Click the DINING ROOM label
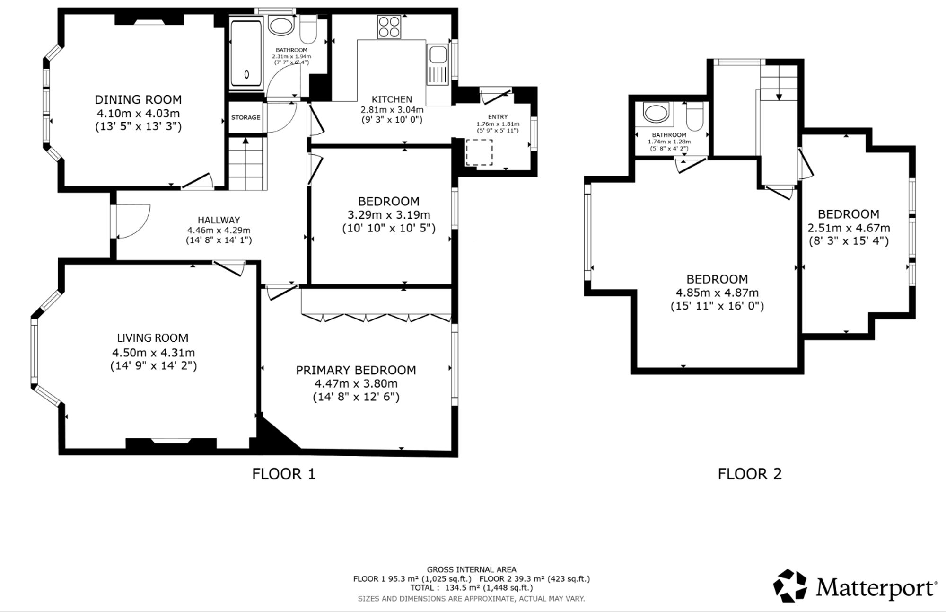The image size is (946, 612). click(x=138, y=99)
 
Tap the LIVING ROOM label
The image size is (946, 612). click(x=153, y=338)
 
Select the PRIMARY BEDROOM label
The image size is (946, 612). click(x=356, y=370)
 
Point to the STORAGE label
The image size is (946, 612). click(x=245, y=117)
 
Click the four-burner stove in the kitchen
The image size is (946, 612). click(x=389, y=27)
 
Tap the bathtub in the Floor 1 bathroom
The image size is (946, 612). click(x=246, y=55)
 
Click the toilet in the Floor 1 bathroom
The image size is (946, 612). click(x=308, y=29)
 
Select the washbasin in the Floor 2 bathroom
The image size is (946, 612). click(x=656, y=114)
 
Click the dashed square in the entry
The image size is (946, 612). click(x=479, y=152)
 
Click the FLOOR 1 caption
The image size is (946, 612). click(x=283, y=474)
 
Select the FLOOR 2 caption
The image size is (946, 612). click(x=750, y=474)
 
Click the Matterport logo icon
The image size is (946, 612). click(x=790, y=586)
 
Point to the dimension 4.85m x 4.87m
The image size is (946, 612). click(x=717, y=293)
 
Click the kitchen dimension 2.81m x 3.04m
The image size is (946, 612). click(x=392, y=110)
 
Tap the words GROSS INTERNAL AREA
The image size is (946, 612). click(x=472, y=570)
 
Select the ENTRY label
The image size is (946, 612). click(x=498, y=117)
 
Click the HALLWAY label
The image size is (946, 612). click(x=219, y=220)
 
